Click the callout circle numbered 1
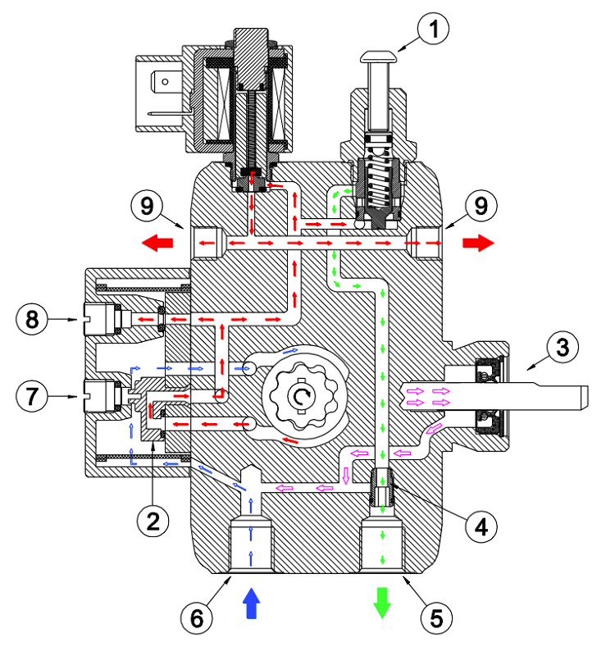433,29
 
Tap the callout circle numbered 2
153,521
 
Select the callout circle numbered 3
563,347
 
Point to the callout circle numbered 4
481,526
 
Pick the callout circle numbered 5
436,618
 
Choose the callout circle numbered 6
197,618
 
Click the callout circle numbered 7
32,396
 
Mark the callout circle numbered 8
32,319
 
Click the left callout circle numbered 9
147,206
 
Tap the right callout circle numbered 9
481,206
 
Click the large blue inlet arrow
251,603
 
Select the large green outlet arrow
382,603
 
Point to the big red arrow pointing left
157,243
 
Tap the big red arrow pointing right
478,243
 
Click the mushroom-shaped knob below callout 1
378,57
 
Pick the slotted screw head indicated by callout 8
99,319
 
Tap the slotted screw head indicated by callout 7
99,396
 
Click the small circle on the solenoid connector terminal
165,81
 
